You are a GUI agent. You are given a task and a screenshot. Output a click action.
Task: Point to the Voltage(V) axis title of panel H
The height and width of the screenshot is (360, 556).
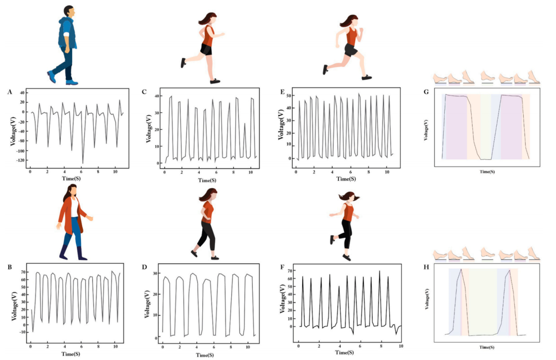click(x=427, y=300)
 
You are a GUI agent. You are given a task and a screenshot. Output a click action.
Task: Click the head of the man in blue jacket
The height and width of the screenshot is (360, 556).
click(x=68, y=12)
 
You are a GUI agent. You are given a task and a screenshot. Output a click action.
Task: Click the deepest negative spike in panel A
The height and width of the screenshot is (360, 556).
click(x=82, y=163)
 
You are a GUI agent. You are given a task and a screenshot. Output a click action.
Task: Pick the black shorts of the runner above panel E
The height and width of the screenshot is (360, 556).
click(x=351, y=50)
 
